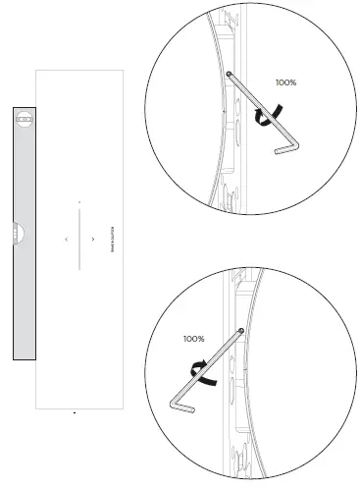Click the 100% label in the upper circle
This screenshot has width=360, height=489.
[285, 83]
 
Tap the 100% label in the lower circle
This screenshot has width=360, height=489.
[193, 339]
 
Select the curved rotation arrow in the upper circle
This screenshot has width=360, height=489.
[261, 117]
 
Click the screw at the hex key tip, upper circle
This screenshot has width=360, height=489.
[229, 75]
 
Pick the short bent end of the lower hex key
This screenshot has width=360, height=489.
[183, 407]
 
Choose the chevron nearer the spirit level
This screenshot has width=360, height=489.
[66, 239]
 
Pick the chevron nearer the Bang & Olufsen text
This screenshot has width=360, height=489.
[93, 239]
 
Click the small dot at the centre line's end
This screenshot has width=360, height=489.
[79, 201]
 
